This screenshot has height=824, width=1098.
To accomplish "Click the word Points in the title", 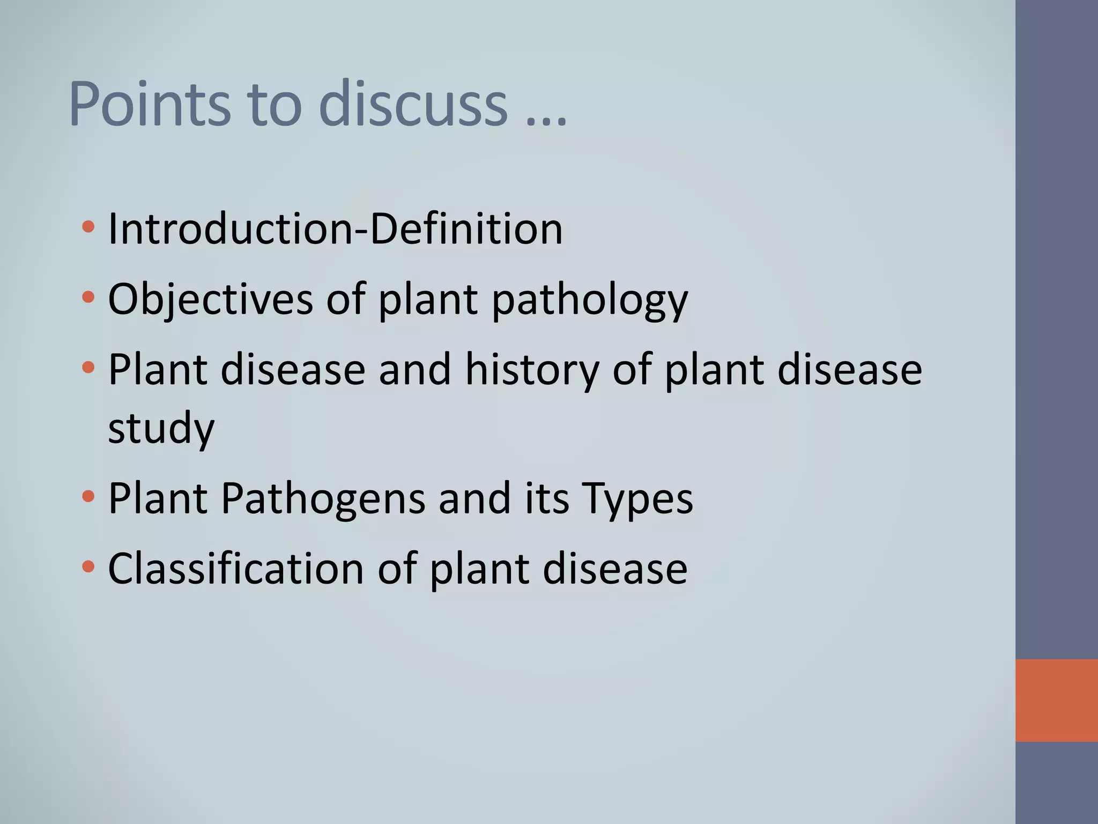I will click(x=150, y=104).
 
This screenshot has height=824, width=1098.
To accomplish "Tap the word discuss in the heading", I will click(x=413, y=104).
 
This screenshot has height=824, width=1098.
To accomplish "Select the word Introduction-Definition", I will click(x=335, y=230).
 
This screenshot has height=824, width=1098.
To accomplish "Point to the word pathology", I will click(x=589, y=300).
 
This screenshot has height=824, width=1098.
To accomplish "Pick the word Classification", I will click(x=236, y=569).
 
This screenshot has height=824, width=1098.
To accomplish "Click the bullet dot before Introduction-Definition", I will click(x=88, y=227).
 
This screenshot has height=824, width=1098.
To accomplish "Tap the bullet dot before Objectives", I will click(x=88, y=297).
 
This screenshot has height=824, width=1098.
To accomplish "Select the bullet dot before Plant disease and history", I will click(x=88, y=367).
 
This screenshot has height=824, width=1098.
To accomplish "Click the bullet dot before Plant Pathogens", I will click(x=88, y=496).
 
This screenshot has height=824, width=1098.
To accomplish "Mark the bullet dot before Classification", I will click(x=88, y=566).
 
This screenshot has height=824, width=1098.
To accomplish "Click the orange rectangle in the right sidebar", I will click(x=1056, y=700).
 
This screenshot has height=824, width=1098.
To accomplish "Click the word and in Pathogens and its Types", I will click(x=474, y=499).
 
